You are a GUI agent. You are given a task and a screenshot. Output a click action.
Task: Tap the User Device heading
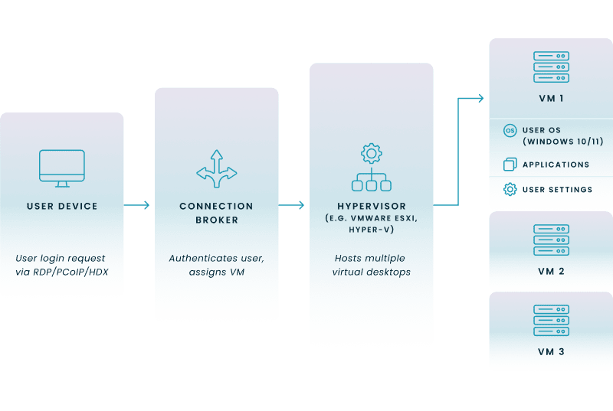(x=62, y=206)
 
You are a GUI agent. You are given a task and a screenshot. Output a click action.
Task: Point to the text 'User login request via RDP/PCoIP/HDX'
(x=62, y=264)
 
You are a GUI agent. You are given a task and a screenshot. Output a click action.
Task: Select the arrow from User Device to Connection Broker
(x=139, y=205)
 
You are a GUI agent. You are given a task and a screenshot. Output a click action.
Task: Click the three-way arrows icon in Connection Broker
(x=216, y=168)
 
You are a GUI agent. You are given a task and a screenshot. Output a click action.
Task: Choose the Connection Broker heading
(x=216, y=213)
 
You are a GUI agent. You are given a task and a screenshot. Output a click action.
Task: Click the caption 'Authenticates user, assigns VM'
(x=216, y=264)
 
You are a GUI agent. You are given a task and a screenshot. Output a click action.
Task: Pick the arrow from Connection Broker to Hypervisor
(x=293, y=205)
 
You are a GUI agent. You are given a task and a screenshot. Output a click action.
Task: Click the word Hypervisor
(x=371, y=206)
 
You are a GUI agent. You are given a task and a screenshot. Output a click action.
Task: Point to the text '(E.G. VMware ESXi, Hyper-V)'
(x=371, y=223)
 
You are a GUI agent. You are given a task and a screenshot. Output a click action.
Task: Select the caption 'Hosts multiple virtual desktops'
(x=371, y=264)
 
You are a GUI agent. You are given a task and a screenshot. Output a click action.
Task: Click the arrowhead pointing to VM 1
(x=479, y=98)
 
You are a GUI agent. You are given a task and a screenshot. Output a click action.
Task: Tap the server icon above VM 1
(x=551, y=67)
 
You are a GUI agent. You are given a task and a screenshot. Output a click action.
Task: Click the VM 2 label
(x=551, y=271)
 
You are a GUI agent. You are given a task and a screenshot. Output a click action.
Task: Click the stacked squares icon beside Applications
(x=510, y=165)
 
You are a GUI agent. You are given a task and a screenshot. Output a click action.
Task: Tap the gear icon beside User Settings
(x=510, y=189)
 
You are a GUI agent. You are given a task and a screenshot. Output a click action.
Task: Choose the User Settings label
(x=556, y=189)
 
